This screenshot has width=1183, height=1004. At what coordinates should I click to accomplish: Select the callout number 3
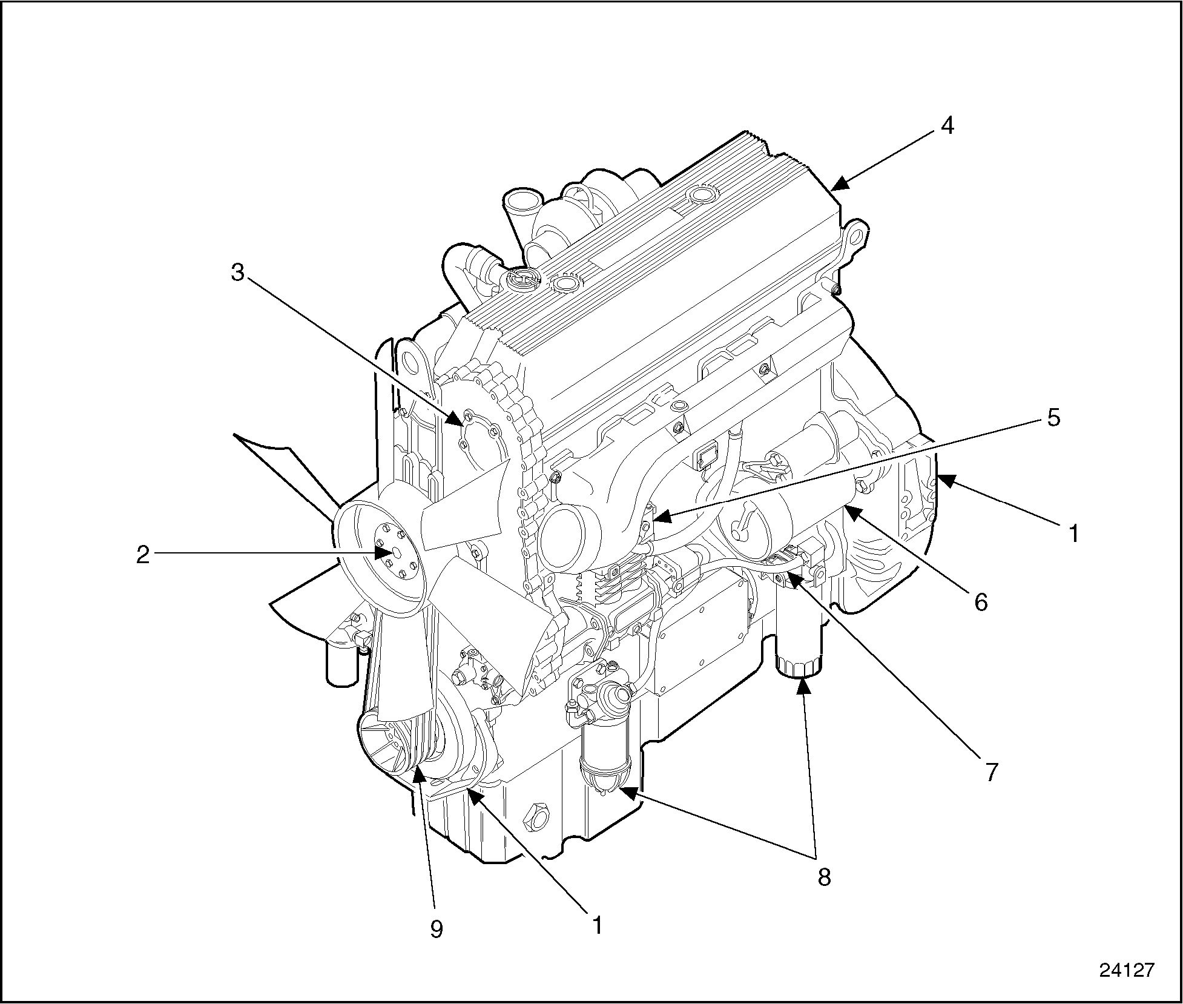pyautogui.click(x=237, y=273)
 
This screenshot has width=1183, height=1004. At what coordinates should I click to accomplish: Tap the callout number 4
pyautogui.click(x=947, y=126)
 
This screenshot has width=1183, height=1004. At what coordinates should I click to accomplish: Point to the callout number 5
pyautogui.click(x=1053, y=418)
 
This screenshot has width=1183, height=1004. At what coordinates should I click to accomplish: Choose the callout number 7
pyautogui.click(x=991, y=772)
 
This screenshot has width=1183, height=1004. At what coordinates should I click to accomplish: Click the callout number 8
pyautogui.click(x=824, y=876)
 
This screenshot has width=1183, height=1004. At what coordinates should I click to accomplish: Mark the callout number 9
pyautogui.click(x=437, y=929)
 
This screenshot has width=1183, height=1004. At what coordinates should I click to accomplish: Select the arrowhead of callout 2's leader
pyautogui.click(x=384, y=553)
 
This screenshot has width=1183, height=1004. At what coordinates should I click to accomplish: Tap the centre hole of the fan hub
pyautogui.click(x=397, y=552)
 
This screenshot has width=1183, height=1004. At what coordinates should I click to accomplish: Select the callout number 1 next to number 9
pyautogui.click(x=598, y=925)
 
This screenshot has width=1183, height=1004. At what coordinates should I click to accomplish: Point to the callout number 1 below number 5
pyautogui.click(x=1073, y=533)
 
